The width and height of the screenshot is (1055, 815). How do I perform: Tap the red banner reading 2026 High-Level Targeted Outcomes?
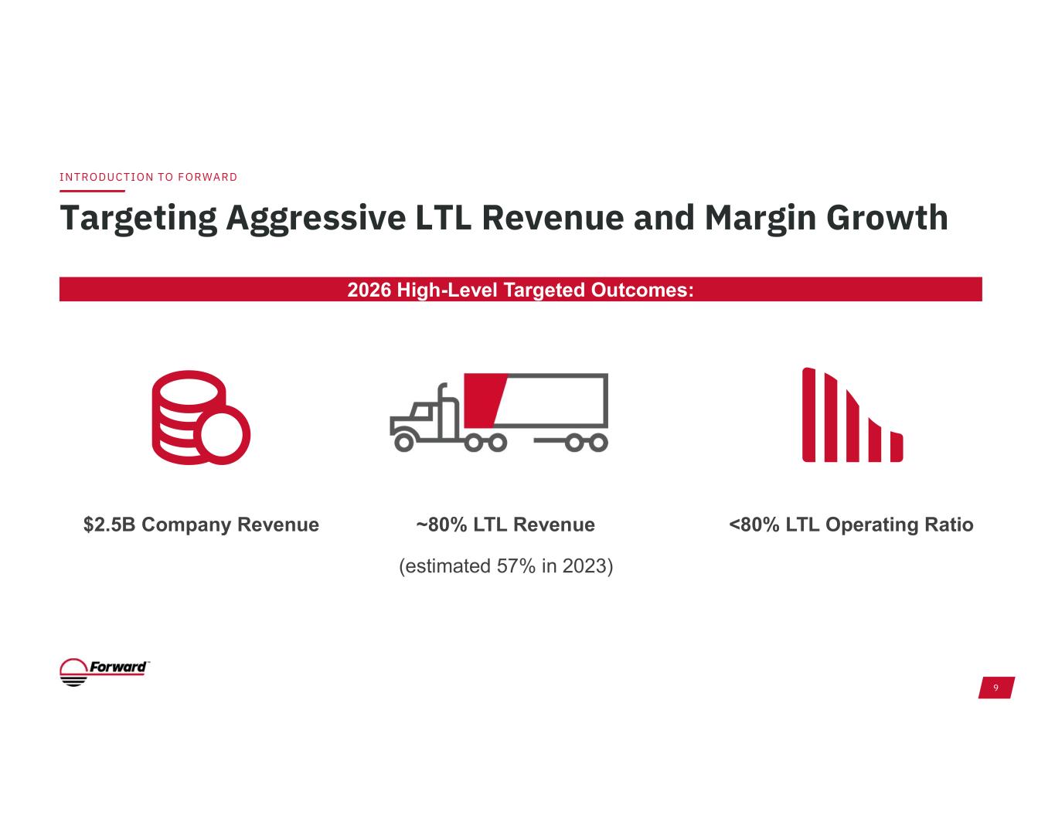520,290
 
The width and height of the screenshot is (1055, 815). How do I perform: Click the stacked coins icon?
199,417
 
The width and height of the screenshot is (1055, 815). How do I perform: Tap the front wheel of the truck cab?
403,442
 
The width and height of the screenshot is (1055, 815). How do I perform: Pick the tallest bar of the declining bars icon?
808,415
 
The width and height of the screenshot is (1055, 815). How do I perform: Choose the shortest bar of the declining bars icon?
897,447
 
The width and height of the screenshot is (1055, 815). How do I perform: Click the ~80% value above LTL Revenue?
441,525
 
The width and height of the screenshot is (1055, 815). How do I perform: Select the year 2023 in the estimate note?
584,566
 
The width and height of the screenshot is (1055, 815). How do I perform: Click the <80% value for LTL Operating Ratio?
754,525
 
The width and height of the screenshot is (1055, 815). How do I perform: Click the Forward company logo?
104,671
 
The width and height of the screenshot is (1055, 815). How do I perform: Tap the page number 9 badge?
995,688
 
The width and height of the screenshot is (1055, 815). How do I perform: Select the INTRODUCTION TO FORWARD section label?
148,177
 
